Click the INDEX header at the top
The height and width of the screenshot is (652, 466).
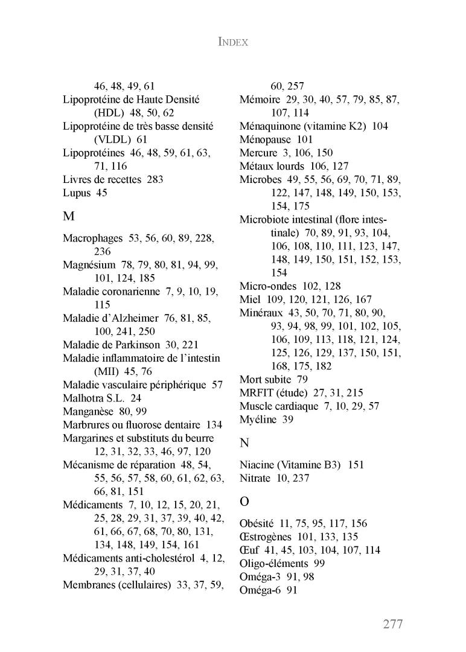pyautogui.click(x=232, y=42)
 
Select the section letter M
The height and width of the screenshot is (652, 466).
pyautogui.click(x=68, y=216)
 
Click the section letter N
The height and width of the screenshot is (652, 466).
pyautogui.click(x=244, y=443)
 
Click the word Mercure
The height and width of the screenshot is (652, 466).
pyautogui.click(x=258, y=153)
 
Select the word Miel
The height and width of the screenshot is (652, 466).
pyautogui.click(x=249, y=299)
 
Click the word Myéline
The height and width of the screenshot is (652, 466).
pyautogui.click(x=258, y=419)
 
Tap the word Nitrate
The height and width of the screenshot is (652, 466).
pyautogui.click(x=256, y=478)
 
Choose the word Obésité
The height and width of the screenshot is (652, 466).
pyautogui.click(x=257, y=523)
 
